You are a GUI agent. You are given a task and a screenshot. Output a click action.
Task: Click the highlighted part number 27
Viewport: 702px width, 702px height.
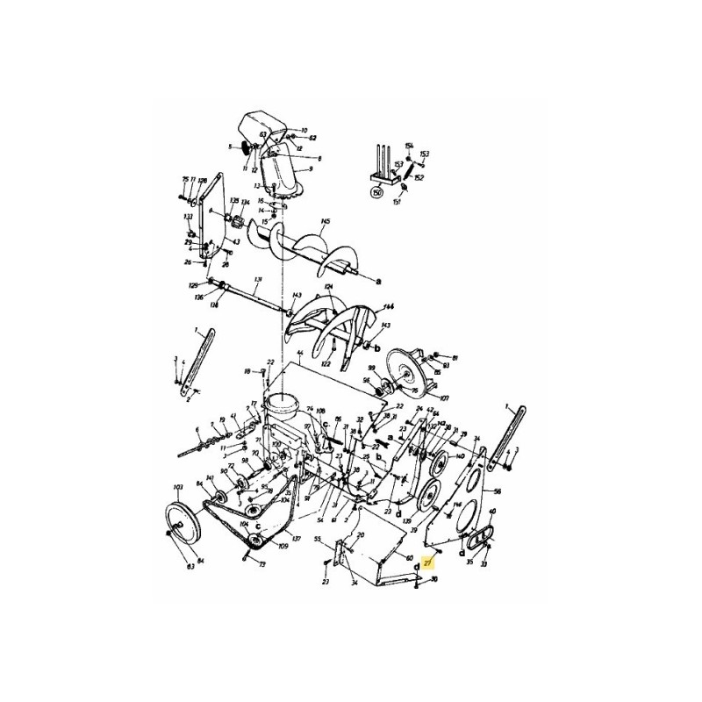coord(427,563)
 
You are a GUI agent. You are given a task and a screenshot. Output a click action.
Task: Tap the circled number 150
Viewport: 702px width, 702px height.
coord(378,192)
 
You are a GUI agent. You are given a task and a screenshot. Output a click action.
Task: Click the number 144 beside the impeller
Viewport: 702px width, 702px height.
coord(389,307)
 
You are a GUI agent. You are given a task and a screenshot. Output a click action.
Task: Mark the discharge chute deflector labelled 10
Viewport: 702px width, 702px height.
coord(304,130)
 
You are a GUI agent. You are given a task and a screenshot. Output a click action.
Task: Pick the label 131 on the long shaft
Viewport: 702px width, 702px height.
coord(258,281)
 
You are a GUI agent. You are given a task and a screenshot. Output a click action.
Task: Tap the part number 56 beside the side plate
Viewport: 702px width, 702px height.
coord(497,492)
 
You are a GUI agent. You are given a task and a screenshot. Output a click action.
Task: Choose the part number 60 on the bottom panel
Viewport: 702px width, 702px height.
coord(409,557)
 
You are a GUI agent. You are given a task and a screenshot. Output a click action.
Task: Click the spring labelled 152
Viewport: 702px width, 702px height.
coord(419,177)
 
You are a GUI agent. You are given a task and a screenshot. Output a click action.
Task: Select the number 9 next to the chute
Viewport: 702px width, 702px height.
coord(309,168)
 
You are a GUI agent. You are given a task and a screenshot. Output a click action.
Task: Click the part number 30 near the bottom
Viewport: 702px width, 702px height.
coord(434,579)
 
